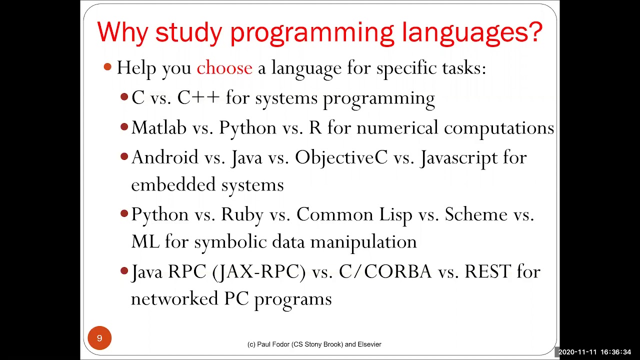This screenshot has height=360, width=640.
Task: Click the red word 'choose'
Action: [224, 68]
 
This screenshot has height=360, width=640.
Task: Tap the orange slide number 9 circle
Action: [99, 338]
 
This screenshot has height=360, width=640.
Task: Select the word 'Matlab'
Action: [158, 128]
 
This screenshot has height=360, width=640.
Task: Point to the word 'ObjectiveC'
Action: [341, 158]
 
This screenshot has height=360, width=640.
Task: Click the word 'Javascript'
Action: [459, 158]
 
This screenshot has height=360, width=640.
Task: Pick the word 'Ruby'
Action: [242, 215]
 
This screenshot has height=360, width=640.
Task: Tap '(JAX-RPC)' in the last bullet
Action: [259, 272]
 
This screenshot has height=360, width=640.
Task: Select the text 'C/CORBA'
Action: [385, 272]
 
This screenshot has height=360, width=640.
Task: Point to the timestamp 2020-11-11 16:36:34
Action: [594, 352]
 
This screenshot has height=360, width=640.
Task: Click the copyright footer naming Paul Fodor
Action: [314, 344]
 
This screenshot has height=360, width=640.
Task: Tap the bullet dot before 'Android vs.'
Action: [124, 157]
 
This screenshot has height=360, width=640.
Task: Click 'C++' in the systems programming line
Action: [198, 98]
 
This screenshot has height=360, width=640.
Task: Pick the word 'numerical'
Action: [397, 128]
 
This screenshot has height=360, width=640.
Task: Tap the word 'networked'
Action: [174, 299]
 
